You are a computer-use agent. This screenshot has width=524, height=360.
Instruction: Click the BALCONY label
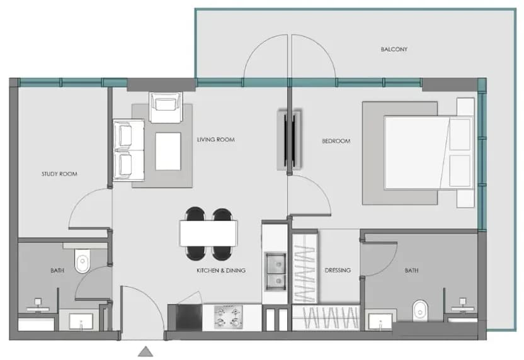pos(394,50)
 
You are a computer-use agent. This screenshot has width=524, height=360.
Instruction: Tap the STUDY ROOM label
pos(59,174)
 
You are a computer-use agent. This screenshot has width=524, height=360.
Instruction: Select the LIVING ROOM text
pos(216,140)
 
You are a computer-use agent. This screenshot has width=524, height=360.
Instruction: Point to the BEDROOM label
pos(336,141)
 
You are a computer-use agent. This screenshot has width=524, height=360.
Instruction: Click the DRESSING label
pos(338,270)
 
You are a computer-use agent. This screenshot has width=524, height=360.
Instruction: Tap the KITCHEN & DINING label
pos(221,271)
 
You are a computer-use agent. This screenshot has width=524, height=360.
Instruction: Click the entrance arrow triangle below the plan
pos(145,351)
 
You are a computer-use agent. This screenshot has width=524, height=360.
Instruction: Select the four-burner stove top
pos(228,317)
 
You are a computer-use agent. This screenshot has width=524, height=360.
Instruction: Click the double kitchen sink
pos(276,271)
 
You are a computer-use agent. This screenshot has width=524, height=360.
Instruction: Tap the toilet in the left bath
pos(83,261)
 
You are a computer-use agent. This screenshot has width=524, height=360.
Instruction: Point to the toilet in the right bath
pos(420,310)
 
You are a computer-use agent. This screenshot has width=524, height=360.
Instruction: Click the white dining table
pos(208,233)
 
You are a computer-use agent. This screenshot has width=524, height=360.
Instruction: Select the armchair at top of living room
pos(166,107)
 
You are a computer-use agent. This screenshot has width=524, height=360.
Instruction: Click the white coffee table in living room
pos(168,151)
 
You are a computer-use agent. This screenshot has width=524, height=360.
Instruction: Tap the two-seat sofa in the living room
pos(128,150)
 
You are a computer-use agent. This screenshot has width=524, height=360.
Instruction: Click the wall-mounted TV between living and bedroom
pos(290,140)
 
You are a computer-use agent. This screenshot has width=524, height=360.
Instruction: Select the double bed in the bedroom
pos(429,152)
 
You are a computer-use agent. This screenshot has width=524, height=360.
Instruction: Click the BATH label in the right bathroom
pos(411,271)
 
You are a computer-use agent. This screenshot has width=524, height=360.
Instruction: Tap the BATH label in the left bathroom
pos(57,271)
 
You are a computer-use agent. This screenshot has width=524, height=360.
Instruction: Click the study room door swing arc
pos(81,198)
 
